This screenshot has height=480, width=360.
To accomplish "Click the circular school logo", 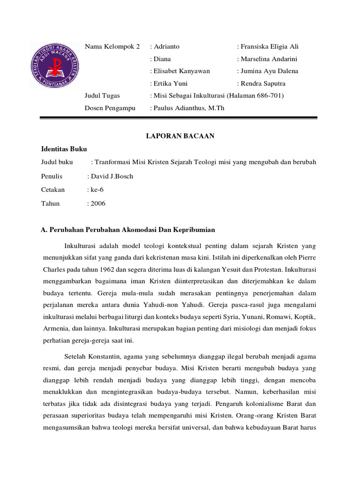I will click(x=55, y=66).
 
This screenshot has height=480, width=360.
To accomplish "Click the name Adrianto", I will click(x=166, y=46).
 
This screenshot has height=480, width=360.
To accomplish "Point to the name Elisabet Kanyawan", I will click(x=181, y=71).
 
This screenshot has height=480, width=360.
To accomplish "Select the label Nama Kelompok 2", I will click(x=112, y=46).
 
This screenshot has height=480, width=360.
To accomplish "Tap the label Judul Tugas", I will click(x=102, y=96).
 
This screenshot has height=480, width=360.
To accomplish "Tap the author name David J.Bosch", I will click(x=112, y=176).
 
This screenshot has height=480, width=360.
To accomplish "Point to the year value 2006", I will click(x=98, y=203).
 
